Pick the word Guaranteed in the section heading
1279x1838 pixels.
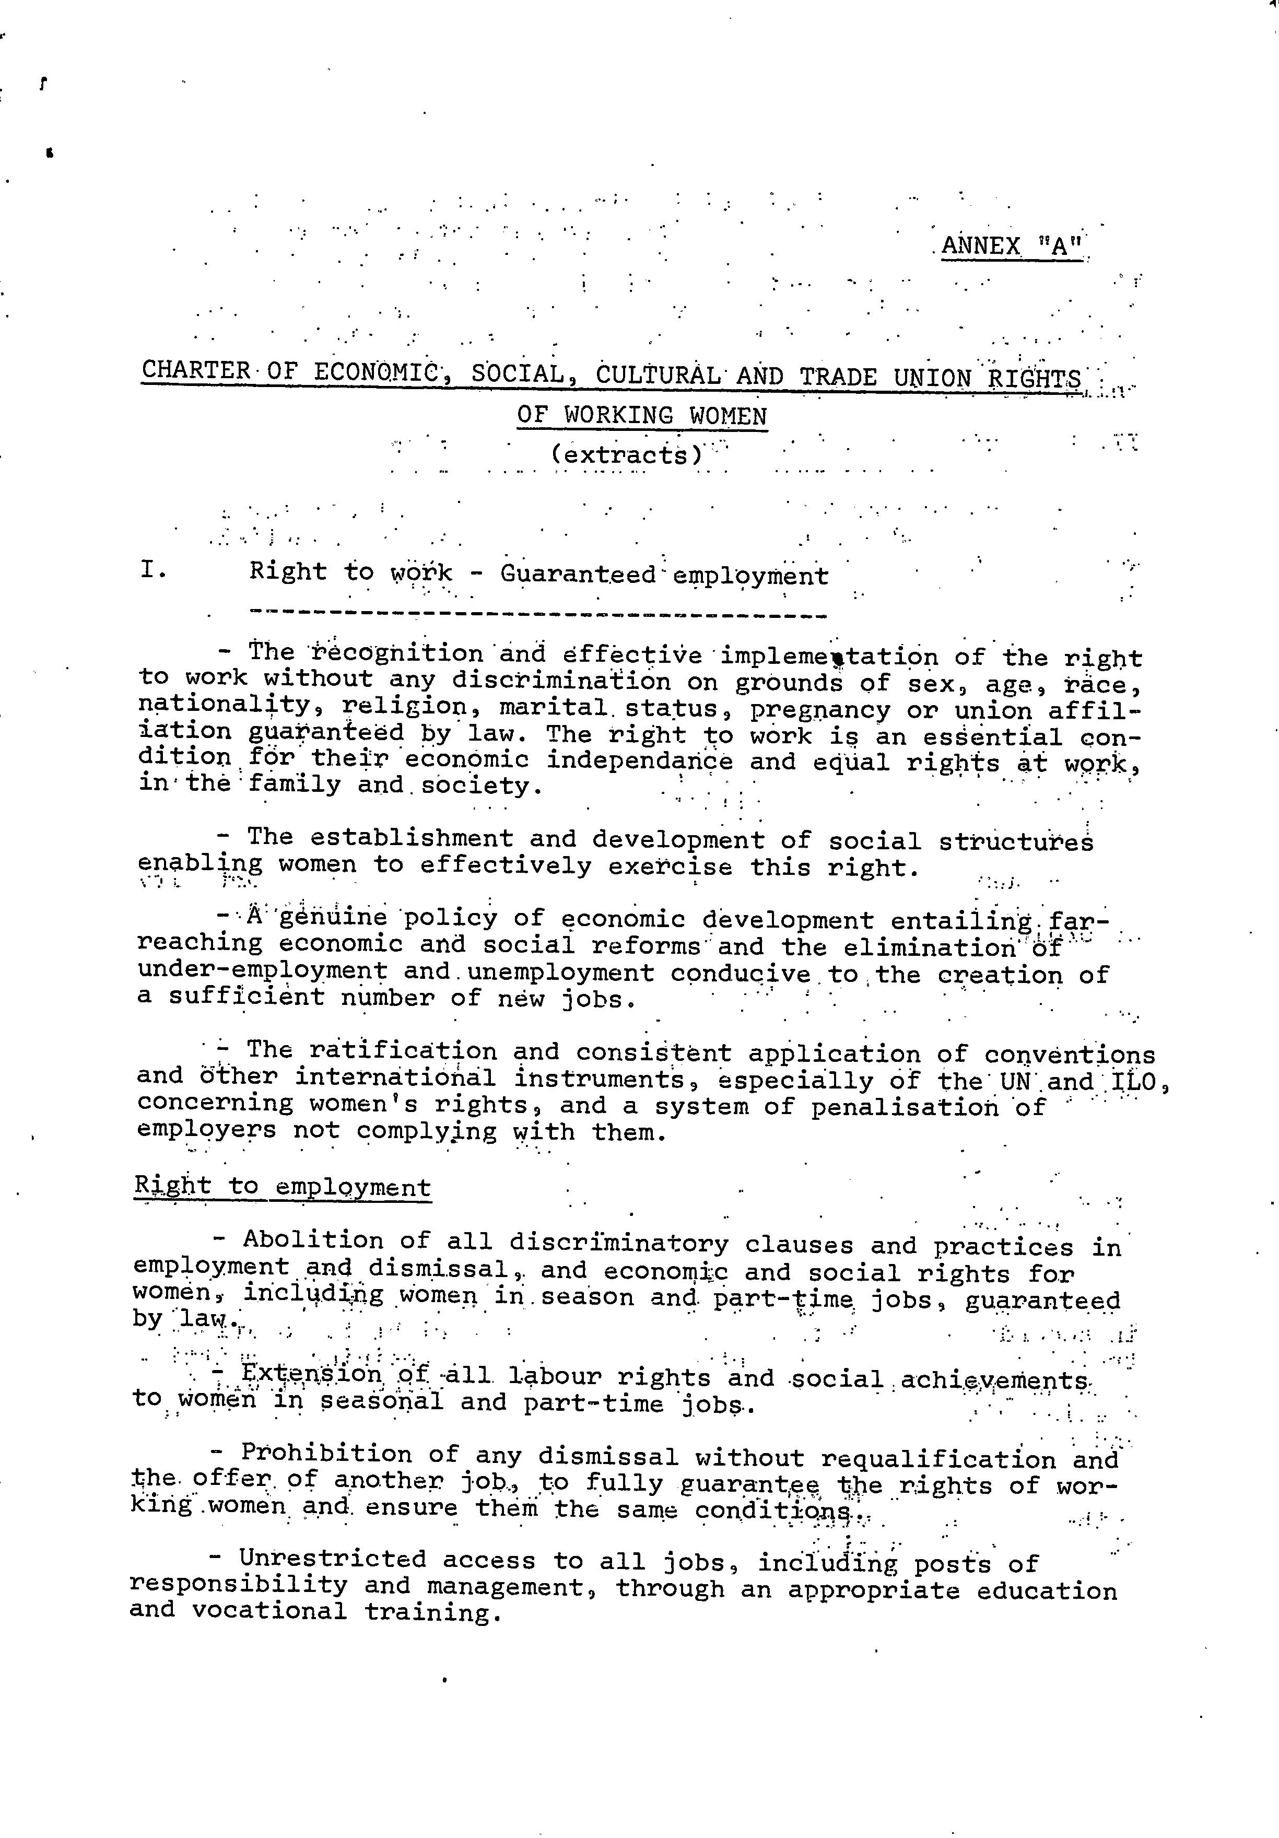(x=578, y=575)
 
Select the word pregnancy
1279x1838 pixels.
(x=819, y=710)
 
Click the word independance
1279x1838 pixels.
(x=639, y=760)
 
